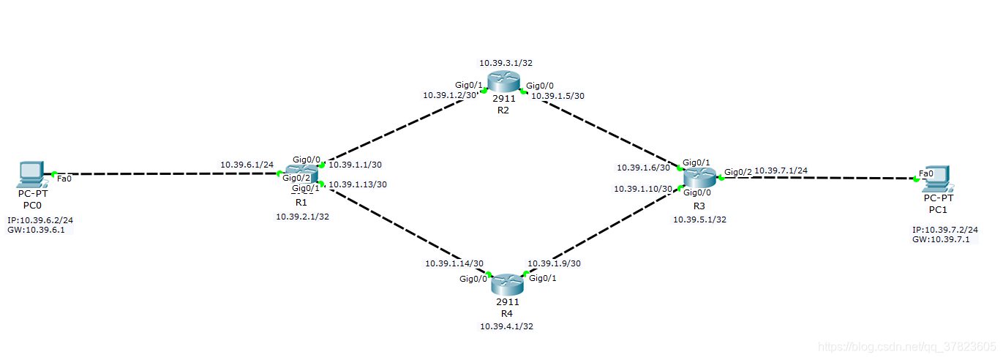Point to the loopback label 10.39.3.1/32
coord(506,63)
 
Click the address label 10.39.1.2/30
coord(450,95)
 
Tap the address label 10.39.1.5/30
coord(557,96)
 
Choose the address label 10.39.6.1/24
coord(247,165)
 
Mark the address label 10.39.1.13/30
coord(358,184)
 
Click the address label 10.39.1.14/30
coord(454,263)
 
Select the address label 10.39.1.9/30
coord(555,263)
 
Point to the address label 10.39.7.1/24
coord(781,170)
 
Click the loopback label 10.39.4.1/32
coord(506,326)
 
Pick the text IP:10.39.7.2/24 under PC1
coord(945,229)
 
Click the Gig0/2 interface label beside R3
coord(737,173)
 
